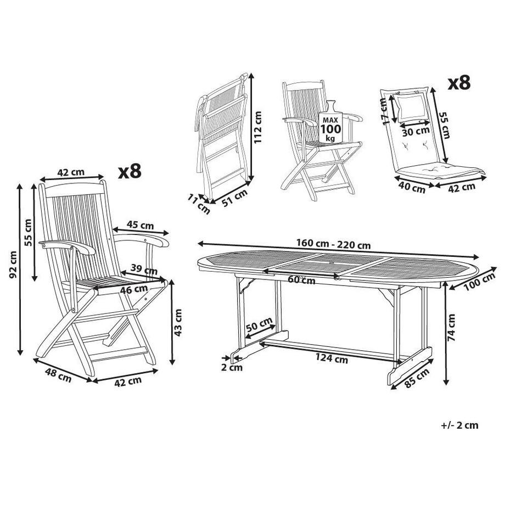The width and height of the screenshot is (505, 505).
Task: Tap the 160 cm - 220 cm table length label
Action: [x=333, y=244]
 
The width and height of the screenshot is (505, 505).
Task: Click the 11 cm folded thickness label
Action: [x=199, y=205]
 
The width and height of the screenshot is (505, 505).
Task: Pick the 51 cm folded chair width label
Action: [x=235, y=197]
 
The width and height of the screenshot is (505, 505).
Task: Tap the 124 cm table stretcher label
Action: [x=332, y=358]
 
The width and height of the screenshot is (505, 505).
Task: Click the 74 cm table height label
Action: [x=452, y=327]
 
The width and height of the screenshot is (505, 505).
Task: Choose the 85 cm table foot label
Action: [x=417, y=378]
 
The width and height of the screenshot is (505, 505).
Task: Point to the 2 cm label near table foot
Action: [x=232, y=367]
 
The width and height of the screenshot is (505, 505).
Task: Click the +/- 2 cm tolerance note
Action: [x=459, y=425]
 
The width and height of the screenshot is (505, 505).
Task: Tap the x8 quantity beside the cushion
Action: [x=459, y=83]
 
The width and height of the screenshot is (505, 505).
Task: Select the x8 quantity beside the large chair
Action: [x=130, y=171]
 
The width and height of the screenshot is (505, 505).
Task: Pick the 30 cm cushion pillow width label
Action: [x=416, y=131]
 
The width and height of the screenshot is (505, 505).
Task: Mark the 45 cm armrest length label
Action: [x=140, y=225]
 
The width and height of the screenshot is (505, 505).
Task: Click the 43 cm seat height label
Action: [x=178, y=322]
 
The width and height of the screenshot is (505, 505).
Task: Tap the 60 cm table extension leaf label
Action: [x=301, y=280]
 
